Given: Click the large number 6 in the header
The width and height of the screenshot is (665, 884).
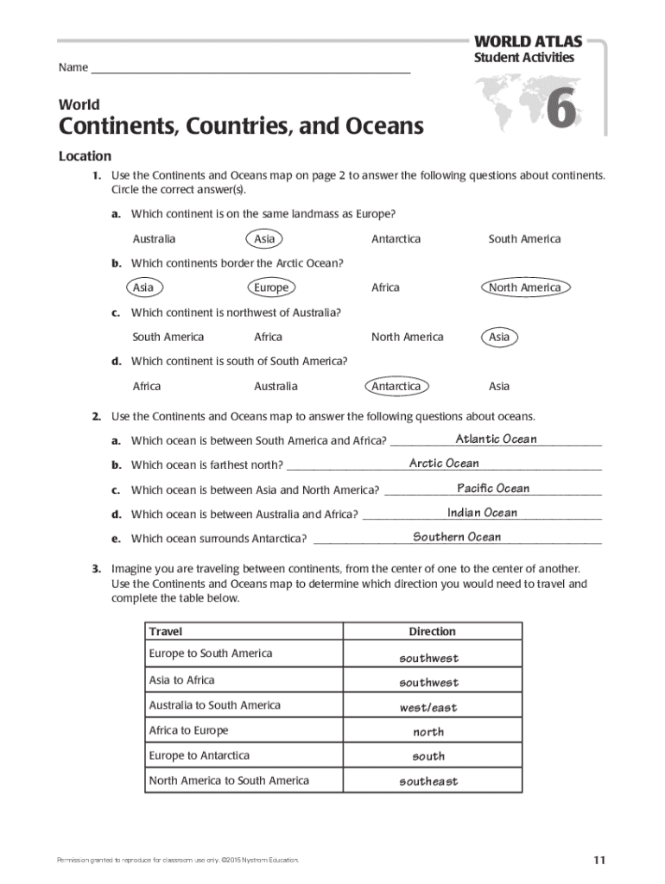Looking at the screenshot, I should (559, 111).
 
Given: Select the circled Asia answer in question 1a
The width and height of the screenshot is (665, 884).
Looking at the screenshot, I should (264, 239).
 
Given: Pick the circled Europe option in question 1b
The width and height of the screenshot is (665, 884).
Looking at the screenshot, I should (271, 287).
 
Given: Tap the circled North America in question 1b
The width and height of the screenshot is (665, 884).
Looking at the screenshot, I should (524, 287).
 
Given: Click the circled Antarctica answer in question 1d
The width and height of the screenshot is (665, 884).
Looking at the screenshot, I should (396, 386).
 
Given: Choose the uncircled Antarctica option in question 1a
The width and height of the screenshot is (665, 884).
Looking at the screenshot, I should (396, 239).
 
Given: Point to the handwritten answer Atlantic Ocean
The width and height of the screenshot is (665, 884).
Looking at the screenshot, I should (496, 439).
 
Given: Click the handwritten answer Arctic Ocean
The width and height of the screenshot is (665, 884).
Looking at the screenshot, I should (444, 464).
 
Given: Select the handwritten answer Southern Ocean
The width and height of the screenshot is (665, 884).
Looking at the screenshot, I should (456, 537).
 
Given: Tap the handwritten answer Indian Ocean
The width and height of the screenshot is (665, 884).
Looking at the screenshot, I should (482, 513).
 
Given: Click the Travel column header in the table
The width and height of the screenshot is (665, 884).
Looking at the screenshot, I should (166, 632).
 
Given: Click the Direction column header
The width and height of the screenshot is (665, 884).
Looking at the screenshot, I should (432, 632).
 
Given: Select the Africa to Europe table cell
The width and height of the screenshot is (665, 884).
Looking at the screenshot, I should (189, 730).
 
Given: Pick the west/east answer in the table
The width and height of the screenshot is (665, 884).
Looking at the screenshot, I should (428, 708).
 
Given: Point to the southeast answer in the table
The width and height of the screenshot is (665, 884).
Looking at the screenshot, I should (428, 782).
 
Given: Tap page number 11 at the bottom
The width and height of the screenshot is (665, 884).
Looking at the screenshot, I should (599, 860).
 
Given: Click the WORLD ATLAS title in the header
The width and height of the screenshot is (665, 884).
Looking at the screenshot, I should (527, 41).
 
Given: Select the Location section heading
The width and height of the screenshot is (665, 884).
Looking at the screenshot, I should (85, 156).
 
